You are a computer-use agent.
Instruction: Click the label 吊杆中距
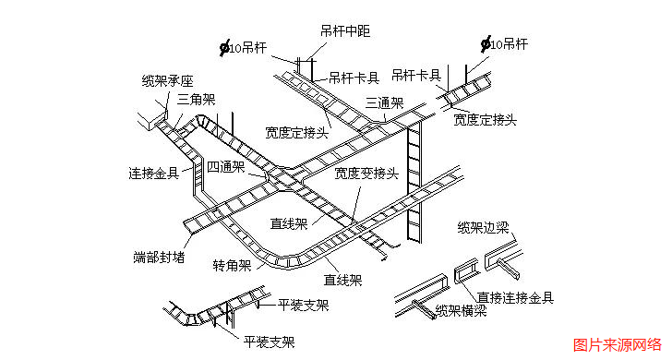(x=344, y=31)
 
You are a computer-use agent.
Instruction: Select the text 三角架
(x=196, y=98)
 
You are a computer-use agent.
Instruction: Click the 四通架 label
(x=225, y=167)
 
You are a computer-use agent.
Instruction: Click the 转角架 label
(x=232, y=266)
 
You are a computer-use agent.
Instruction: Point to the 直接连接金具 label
(x=515, y=297)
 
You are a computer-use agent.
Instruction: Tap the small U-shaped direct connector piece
(x=466, y=274)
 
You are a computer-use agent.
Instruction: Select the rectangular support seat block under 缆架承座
(x=150, y=120)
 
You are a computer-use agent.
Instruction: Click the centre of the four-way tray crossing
(x=277, y=175)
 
